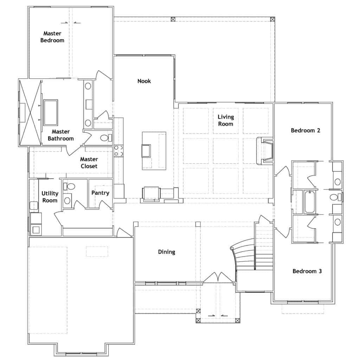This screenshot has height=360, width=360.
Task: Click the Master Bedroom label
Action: (52, 37)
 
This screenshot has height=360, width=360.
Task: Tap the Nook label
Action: (144, 81)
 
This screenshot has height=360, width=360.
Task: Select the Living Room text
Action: (226, 120)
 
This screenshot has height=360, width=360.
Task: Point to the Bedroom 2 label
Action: (306, 130)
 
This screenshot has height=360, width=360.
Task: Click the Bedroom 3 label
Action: (307, 271)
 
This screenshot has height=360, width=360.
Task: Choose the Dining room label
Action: (167, 252)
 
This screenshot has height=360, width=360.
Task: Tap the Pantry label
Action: (100, 193)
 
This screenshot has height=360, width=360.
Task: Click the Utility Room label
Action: (50, 197)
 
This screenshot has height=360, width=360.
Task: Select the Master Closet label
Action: (89, 162)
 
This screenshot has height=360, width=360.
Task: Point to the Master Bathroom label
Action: (60, 135)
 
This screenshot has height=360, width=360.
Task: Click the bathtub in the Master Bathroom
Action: (51, 112)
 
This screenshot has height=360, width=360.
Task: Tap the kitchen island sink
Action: (146, 150)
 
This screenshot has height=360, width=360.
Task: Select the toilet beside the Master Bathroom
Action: (106, 138)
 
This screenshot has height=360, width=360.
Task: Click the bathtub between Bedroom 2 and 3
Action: (309, 202)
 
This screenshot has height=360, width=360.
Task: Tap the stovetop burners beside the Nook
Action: (118, 151)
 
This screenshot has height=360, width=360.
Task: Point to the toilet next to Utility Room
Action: (69, 186)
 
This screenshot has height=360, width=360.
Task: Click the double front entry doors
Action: (218, 277)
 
